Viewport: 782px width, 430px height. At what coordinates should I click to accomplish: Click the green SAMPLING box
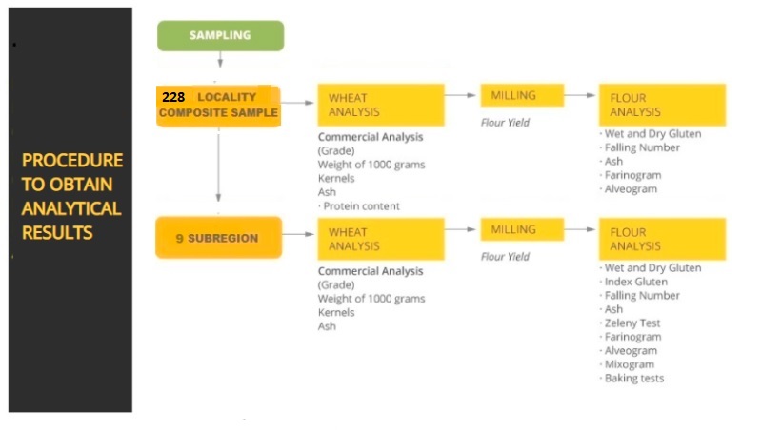point(220,35)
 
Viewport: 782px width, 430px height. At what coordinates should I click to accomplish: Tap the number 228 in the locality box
point(173,97)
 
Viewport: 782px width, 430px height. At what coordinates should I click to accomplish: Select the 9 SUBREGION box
point(218,238)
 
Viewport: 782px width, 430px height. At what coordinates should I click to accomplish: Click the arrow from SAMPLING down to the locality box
point(220,59)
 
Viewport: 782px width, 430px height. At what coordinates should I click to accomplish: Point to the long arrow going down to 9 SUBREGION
point(218,165)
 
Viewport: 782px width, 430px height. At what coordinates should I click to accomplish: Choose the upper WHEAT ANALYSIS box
point(381,105)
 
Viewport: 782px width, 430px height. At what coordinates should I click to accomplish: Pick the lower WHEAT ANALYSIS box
point(381,239)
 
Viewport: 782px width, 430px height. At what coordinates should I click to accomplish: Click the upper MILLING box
point(522,95)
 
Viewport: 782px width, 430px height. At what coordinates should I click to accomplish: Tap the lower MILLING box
point(522,229)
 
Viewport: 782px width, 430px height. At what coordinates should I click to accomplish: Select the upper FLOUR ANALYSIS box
point(662,105)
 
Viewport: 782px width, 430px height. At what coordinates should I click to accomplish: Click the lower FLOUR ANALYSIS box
point(662,239)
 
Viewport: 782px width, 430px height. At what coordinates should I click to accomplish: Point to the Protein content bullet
point(359,205)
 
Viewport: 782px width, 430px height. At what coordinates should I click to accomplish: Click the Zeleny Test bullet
point(631,322)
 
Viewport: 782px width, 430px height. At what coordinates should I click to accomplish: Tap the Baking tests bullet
point(632,379)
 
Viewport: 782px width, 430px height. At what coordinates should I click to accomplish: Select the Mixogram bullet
point(628,364)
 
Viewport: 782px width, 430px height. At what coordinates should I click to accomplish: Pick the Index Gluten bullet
point(633,282)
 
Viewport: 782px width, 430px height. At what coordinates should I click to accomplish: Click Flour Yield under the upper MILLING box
point(505,123)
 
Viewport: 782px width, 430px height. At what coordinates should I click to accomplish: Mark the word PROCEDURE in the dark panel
point(72,161)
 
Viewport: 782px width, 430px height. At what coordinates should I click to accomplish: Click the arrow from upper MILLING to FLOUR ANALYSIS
point(580,95)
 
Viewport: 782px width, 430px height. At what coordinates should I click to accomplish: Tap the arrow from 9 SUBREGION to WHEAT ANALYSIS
point(298,234)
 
